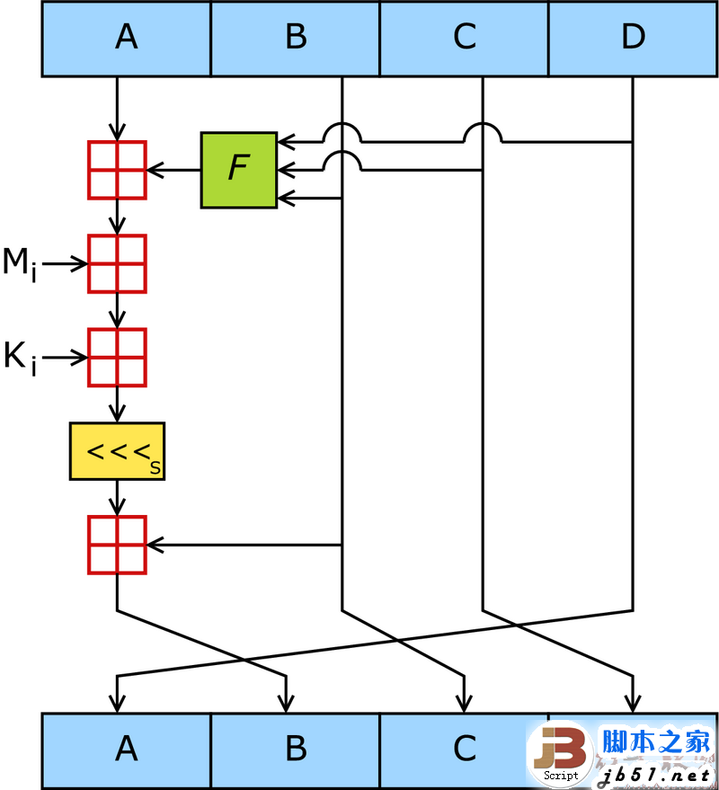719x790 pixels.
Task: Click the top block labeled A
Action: (x=126, y=39)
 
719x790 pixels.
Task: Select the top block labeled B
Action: (x=296, y=39)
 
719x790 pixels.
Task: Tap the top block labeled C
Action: (x=464, y=39)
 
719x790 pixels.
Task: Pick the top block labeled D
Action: (x=633, y=39)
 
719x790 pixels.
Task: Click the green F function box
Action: (x=239, y=170)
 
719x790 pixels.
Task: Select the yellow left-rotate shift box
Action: (x=117, y=451)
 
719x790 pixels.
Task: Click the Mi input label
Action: (x=20, y=264)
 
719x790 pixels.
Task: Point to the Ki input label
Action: (x=20, y=359)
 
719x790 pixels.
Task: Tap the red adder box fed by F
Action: (x=117, y=170)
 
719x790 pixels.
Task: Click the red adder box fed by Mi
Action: (x=117, y=263)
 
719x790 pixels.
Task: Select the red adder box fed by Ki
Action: (x=117, y=358)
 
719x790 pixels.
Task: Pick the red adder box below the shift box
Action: (x=117, y=545)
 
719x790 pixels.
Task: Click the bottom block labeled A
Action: (x=126, y=750)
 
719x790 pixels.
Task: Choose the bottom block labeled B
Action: (x=296, y=750)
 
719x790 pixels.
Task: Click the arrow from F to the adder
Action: (x=173, y=170)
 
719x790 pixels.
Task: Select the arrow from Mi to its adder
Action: (x=65, y=263)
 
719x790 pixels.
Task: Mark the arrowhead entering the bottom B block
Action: (x=286, y=704)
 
